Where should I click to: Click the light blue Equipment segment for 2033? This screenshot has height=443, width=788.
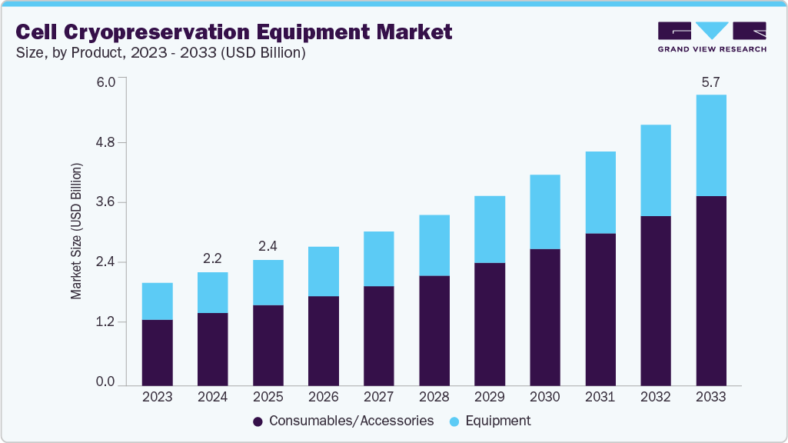(x=710, y=145)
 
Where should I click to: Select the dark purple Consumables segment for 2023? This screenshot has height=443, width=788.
(x=157, y=352)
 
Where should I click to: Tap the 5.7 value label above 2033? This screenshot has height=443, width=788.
(x=710, y=82)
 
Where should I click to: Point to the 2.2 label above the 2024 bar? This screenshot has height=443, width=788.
(x=212, y=258)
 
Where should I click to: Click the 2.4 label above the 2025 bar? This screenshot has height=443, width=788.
(x=268, y=246)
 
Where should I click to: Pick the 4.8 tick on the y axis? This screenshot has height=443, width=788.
(x=105, y=143)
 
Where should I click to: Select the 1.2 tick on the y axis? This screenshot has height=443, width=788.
(x=105, y=322)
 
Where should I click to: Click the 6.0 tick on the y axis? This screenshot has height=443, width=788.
(x=105, y=82)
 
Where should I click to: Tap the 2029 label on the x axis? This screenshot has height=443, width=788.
(x=489, y=398)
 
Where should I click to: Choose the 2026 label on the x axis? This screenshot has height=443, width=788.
(x=323, y=398)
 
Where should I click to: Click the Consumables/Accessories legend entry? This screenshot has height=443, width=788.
(x=343, y=421)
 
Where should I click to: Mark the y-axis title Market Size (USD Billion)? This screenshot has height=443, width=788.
(x=76, y=231)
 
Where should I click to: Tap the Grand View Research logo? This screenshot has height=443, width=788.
(x=711, y=36)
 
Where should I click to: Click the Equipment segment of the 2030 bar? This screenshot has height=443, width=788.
(x=544, y=212)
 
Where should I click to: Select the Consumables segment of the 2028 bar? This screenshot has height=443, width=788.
(x=434, y=330)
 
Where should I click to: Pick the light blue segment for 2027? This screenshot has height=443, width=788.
(x=378, y=258)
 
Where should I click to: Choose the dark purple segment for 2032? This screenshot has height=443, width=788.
(x=655, y=300)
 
